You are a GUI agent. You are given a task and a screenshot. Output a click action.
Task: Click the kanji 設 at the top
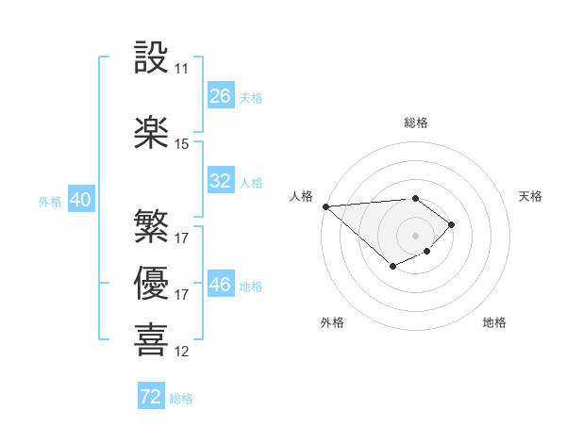coord(151,57)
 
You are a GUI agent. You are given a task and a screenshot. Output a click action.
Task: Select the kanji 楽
coord(151,132)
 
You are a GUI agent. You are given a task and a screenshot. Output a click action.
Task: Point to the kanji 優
coord(151,282)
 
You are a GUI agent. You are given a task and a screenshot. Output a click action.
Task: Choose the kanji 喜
coord(151,338)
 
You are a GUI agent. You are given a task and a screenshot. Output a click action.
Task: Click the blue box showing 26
coord(221,96)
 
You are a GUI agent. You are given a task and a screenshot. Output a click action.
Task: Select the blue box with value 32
coord(221,181)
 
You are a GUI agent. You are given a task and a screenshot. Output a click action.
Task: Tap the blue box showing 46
coord(221,285)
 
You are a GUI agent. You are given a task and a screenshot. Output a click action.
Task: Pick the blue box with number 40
coord(80,200)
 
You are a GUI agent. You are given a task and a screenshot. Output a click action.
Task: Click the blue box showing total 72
coord(151,397)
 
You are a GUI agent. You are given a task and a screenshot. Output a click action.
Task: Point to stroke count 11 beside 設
coord(182,69)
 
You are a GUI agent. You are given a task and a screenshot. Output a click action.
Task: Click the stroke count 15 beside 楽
coord(182,144)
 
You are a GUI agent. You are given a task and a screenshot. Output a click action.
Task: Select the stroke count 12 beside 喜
coord(182,352)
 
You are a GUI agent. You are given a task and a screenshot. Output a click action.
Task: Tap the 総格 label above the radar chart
coord(415,123)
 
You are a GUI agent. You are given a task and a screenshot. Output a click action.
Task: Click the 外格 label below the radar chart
coord(332,322)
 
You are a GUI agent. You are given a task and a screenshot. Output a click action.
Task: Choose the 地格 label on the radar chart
coord(494,322)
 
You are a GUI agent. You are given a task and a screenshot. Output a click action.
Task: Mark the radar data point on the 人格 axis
coord(325,205)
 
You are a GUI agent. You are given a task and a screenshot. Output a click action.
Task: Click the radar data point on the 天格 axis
coord(453,224)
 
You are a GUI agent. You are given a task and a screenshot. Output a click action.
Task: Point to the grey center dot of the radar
coord(415,236)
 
